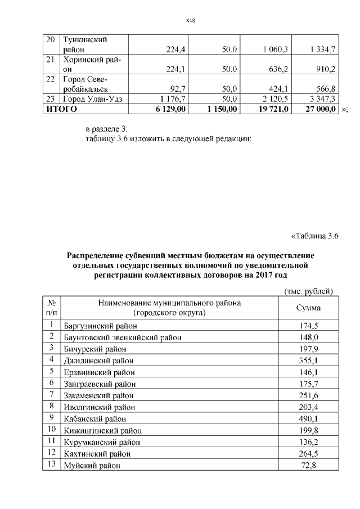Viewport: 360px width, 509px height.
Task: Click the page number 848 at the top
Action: pyautogui.click(x=190, y=21)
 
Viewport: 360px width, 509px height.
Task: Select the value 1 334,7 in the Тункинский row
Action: pyautogui.click(x=322, y=49)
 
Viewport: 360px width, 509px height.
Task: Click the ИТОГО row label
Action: pyautogui.click(x=61, y=109)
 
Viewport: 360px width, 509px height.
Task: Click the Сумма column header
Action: pyautogui.click(x=308, y=308)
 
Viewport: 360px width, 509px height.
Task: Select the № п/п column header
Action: pyautogui.click(x=51, y=308)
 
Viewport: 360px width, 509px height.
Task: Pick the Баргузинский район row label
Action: pyautogui.click(x=100, y=326)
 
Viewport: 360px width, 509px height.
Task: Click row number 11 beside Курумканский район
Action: pyautogui.click(x=51, y=442)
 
